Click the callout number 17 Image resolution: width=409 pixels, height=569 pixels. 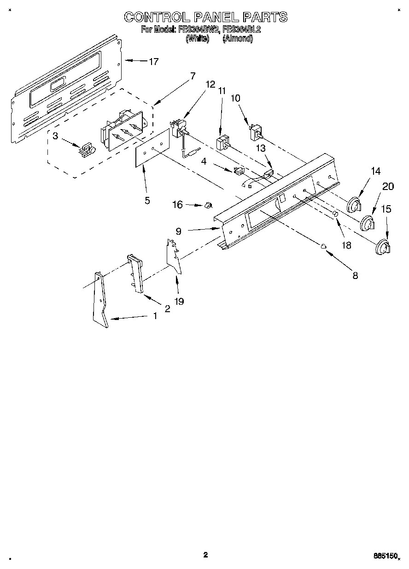(153, 61)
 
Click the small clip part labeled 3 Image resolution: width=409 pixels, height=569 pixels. (86, 149)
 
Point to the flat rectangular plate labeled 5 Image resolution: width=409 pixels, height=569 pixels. (152, 148)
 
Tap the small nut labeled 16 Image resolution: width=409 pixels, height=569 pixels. (207, 205)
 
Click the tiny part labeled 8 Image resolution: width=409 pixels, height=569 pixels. (324, 246)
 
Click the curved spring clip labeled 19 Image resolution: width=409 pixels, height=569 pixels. (173, 256)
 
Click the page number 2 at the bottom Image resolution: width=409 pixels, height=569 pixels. (205, 555)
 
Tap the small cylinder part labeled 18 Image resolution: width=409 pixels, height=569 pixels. (336, 214)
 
